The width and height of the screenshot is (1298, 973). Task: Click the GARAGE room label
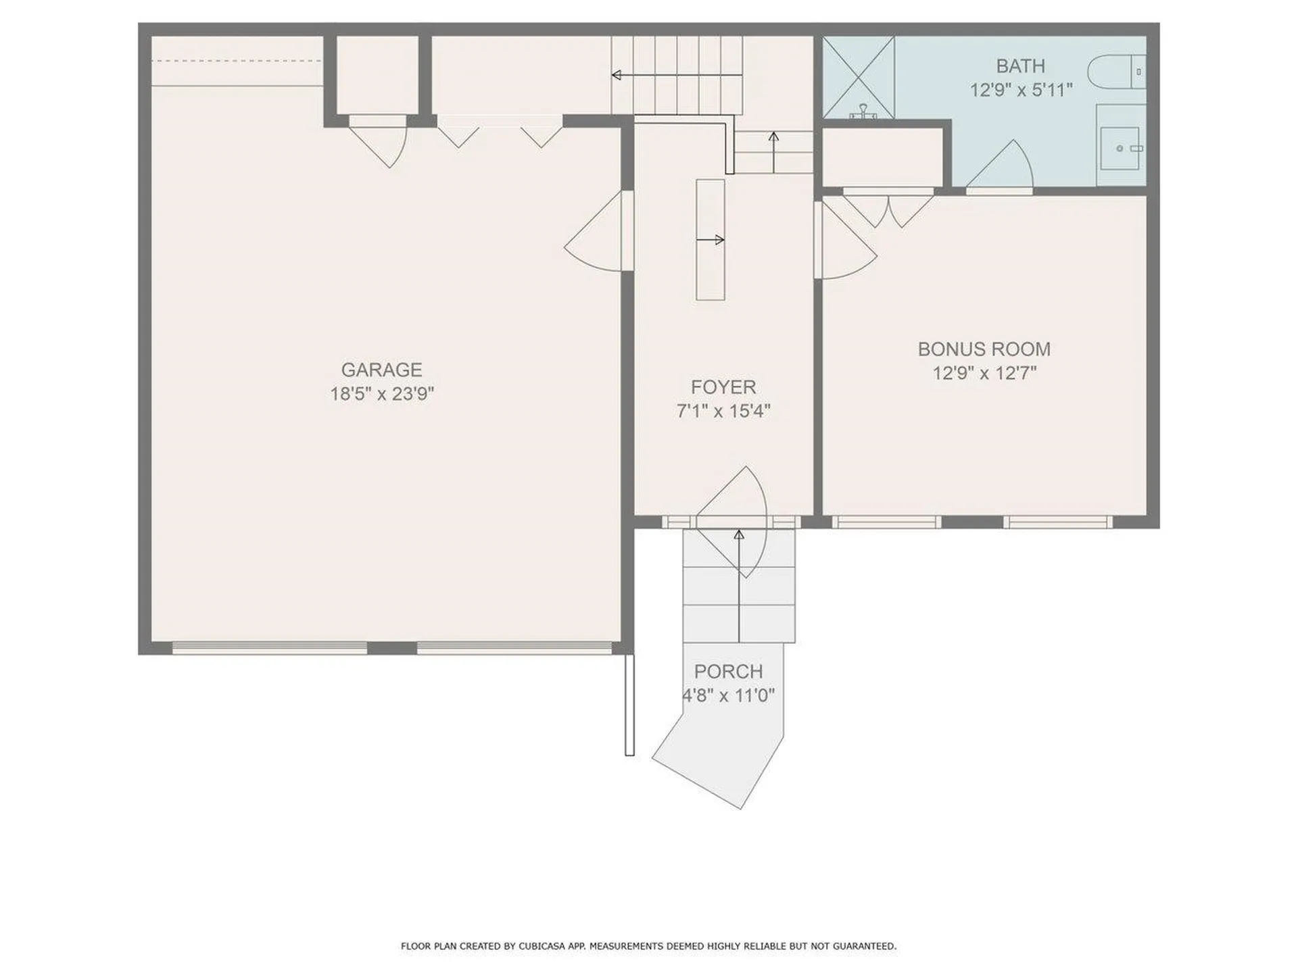381,370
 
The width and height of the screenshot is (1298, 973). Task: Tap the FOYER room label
723,387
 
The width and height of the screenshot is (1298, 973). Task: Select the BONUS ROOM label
984,349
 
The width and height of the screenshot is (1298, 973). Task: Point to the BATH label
1021,66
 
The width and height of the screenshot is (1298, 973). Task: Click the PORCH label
728,672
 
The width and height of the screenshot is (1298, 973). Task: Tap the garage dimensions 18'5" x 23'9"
381,393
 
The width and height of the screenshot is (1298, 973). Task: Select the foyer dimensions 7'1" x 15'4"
723,411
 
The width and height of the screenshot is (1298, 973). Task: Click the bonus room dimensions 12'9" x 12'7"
984,373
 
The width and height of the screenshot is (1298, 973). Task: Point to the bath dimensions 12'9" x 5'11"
1021,90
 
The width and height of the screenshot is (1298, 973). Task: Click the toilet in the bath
1117,72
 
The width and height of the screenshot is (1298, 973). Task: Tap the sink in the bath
1120,148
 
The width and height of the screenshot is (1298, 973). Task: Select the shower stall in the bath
859,78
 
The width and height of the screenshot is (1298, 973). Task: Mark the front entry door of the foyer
732,522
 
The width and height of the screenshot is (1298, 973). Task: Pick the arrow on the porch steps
739,586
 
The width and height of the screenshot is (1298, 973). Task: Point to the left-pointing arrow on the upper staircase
677,75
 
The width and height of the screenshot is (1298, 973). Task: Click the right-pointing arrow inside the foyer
711,240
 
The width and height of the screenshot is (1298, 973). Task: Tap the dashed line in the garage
237,61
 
